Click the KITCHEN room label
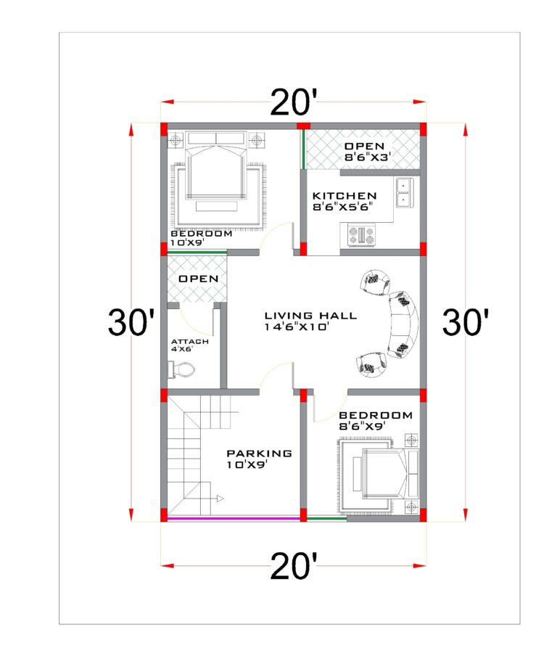coord(344,196)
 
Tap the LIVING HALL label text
coord(310,316)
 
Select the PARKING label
coord(259,454)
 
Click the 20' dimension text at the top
coord(294,103)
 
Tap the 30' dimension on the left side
coord(131,322)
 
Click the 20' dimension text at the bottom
coord(294,565)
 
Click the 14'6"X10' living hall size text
coord(299,327)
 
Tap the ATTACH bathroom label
coord(190,342)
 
